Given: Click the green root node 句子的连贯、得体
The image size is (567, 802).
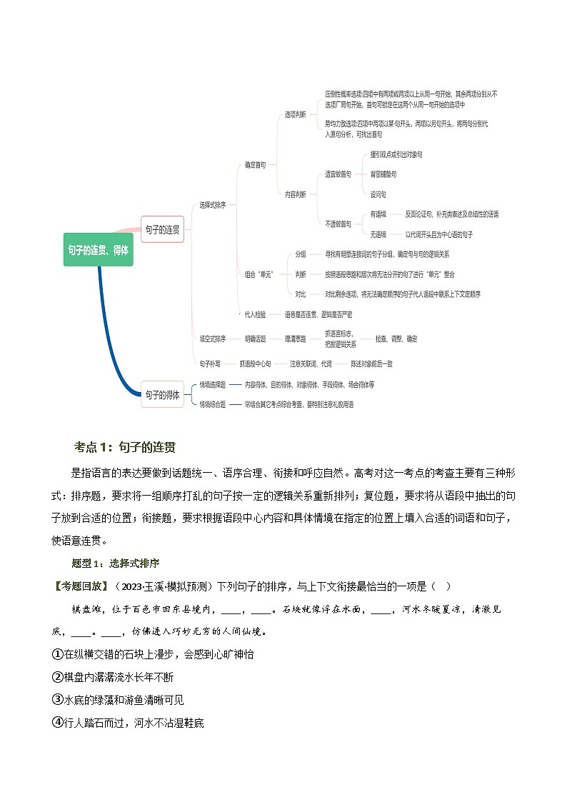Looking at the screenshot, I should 98,250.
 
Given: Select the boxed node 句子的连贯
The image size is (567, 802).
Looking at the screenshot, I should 162,230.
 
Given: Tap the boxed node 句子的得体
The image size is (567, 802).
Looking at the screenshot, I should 162,394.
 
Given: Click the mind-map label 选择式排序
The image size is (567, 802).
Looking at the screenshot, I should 213,205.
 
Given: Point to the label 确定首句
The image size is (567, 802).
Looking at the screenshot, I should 255,164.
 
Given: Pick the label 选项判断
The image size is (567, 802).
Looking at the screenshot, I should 295,114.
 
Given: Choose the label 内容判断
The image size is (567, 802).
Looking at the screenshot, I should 295,194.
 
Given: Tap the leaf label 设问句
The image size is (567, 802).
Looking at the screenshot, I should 378,194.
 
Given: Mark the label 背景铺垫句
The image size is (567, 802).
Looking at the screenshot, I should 383,174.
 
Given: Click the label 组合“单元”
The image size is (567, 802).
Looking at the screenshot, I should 259,274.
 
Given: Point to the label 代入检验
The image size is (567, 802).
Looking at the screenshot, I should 255,314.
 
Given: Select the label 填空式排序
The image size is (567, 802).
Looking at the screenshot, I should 213,339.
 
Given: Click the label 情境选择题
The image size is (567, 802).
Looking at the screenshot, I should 213,384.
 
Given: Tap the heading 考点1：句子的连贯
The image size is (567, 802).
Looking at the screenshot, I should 125,447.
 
